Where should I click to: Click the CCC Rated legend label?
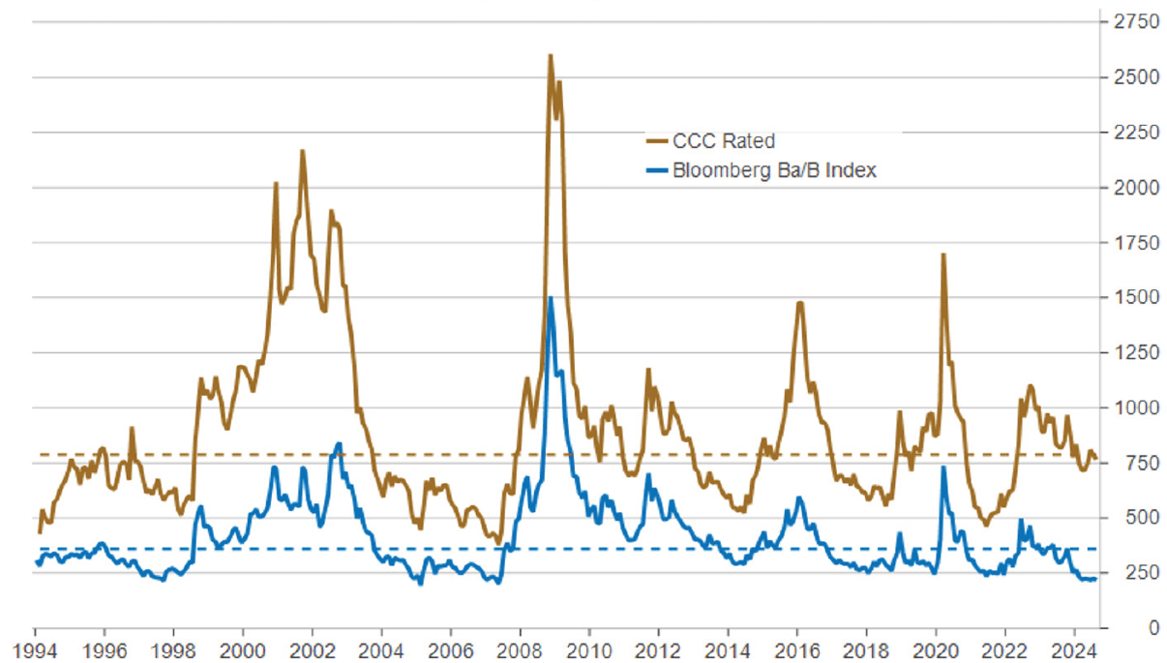tap(724, 141)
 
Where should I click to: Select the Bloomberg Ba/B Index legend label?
tap(774, 170)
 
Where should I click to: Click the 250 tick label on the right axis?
tap(1127, 573)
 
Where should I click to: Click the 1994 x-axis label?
tap(35, 648)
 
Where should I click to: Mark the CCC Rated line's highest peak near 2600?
tap(551, 55)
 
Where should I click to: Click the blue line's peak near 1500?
tap(551, 298)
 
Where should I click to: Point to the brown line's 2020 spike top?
tap(943, 255)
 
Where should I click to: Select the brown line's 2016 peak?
tap(800, 303)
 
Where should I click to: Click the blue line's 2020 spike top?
tap(943, 467)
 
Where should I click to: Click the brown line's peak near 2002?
tap(302, 151)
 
